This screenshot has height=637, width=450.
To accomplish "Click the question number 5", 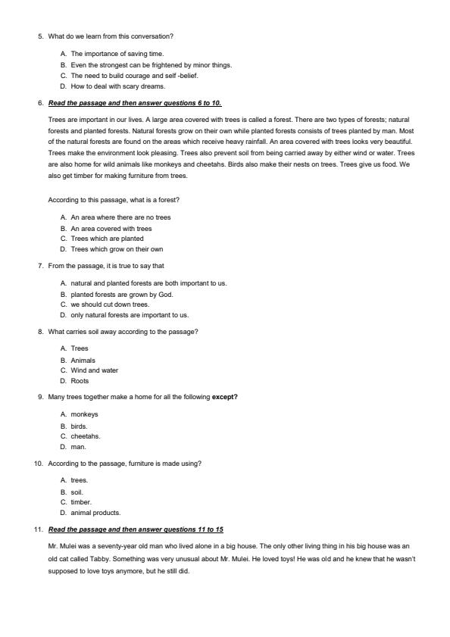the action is coord(41,36).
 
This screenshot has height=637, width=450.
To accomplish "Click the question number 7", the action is coord(41,266).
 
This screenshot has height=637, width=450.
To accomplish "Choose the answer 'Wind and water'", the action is coord(94,370).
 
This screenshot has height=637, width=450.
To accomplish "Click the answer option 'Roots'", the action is coord(80,381).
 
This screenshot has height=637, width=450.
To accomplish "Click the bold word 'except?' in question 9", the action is coord(225,397).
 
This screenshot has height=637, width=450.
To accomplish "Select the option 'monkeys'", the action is coord(84,414).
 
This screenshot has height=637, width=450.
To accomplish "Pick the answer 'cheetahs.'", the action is coord(86,436).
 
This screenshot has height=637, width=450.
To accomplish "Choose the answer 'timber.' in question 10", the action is coord(81,501).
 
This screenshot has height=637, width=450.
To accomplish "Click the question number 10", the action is coord(39,463).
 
